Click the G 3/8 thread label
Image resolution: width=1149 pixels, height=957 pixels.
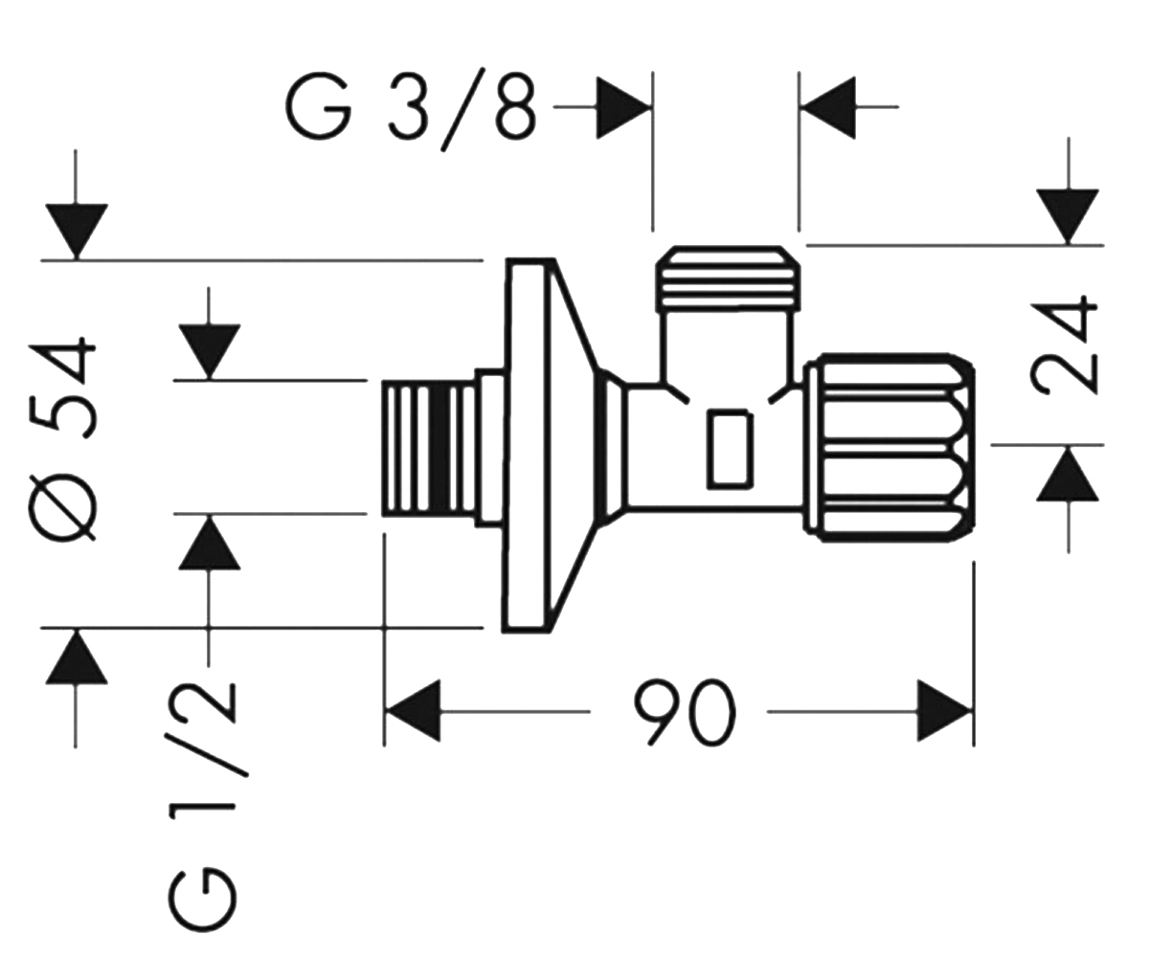click(411, 109)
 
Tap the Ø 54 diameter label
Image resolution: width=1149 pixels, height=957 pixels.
click(62, 440)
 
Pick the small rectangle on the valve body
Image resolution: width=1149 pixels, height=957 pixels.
click(730, 449)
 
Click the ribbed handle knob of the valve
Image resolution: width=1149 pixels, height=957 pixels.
click(890, 448)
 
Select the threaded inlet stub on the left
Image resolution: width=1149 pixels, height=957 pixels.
click(429, 448)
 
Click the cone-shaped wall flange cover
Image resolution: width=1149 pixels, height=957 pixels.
click(551, 446)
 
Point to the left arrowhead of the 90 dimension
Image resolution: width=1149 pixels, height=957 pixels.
click(413, 711)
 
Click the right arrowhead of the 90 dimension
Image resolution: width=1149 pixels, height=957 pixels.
click(944, 711)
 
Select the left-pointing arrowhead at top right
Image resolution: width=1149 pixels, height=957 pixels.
click(828, 108)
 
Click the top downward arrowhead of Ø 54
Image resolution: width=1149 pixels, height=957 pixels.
click(77, 231)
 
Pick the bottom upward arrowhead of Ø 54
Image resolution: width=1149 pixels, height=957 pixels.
click(77, 657)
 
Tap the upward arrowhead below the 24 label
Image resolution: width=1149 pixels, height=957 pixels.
click(1068, 474)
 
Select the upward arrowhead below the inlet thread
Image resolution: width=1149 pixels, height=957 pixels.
click(209, 542)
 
